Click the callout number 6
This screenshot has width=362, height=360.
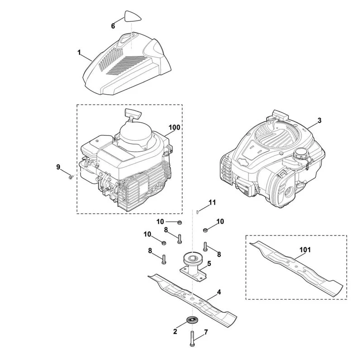click(113, 26)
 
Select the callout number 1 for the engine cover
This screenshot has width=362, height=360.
click(79, 53)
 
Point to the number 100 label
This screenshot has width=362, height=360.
click(174, 127)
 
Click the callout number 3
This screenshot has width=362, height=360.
click(319, 120)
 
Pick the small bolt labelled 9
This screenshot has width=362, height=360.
click(71, 177)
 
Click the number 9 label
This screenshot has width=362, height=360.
click(58, 167)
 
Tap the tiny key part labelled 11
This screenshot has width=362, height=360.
click(197, 211)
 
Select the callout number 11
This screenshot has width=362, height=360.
click(212, 203)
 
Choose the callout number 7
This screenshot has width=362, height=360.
click(206, 332)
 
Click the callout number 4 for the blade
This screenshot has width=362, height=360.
click(219, 292)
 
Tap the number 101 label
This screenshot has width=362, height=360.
click(305, 250)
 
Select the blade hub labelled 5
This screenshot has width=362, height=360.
click(193, 267)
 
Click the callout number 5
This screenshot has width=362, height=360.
click(209, 264)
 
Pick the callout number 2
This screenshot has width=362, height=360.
click(175, 331)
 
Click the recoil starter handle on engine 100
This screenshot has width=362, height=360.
click(133, 114)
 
